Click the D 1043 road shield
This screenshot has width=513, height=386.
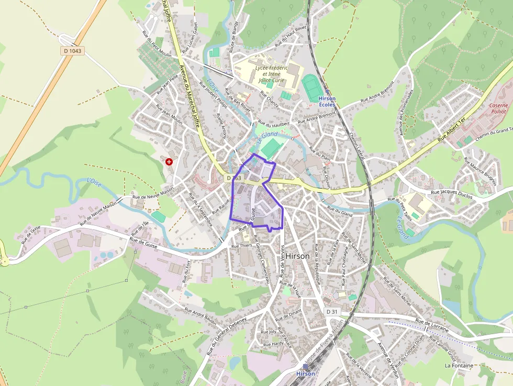pyautogui.click(x=73, y=51)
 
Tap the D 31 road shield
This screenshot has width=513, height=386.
pyautogui.click(x=332, y=312)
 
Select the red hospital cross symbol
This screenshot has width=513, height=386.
pyautogui.click(x=169, y=162)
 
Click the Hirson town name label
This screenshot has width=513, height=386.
pyautogui.click(x=298, y=256)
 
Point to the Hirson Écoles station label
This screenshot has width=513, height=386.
pyautogui.click(x=327, y=102)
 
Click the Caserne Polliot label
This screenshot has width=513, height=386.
pyautogui.click(x=498, y=108)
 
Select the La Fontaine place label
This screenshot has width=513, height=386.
pyautogui.click(x=459, y=366)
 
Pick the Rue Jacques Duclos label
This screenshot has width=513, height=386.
pyautogui.click(x=451, y=194)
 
